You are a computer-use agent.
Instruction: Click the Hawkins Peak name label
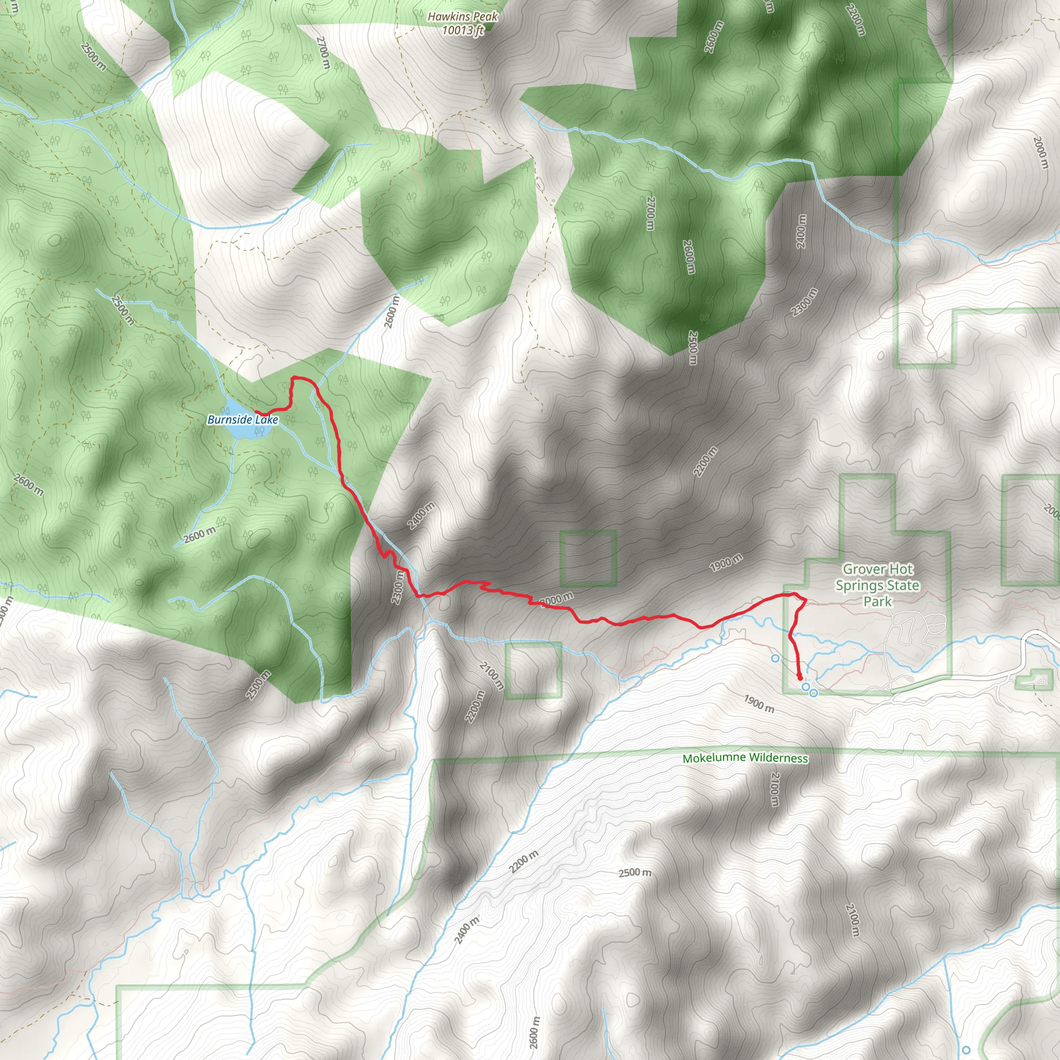click(463, 17)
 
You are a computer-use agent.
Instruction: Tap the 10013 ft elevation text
click(463, 30)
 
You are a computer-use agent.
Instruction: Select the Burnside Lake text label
click(243, 420)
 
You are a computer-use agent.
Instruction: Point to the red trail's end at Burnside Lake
click(256, 412)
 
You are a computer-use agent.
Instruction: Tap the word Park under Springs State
click(877, 602)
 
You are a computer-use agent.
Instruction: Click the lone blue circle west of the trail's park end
click(775, 658)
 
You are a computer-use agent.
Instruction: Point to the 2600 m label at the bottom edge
click(534, 1033)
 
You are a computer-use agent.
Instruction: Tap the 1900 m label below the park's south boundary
click(759, 704)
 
